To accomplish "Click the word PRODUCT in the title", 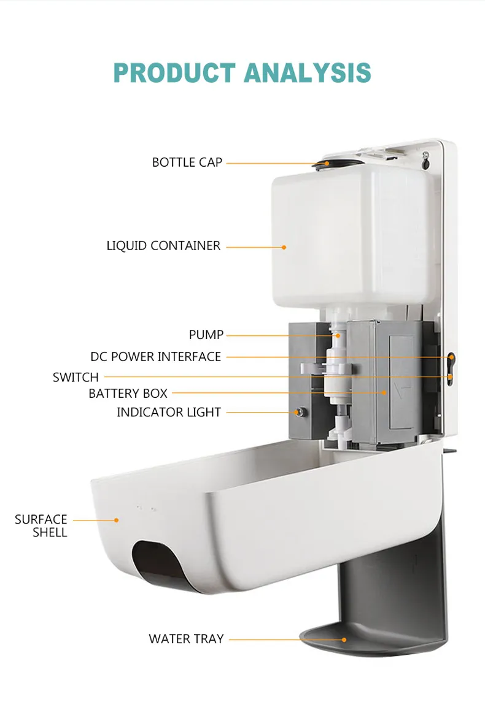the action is coord(174,73).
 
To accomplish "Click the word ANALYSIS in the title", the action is coord(308,73).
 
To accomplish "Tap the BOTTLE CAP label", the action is coord(187,162).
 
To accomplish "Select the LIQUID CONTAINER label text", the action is coord(163,246).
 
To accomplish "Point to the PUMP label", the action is coord(206,334).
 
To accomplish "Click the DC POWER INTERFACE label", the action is coord(155,357).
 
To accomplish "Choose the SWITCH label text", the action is coord(76,378).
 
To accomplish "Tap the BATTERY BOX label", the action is coord(128,394).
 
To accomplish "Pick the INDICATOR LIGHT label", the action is coord(169,413).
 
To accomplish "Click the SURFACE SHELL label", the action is coord(41,525).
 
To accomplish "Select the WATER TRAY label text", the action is coord(186,639).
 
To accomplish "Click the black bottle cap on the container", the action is coord(338,164).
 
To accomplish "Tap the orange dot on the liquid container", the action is coord(284,247).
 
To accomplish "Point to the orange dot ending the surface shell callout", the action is coord(116,521).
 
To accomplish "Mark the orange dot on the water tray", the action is coord(344,639).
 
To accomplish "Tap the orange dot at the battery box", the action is coord(384,392).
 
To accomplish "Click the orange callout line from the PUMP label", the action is coord(281,335).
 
